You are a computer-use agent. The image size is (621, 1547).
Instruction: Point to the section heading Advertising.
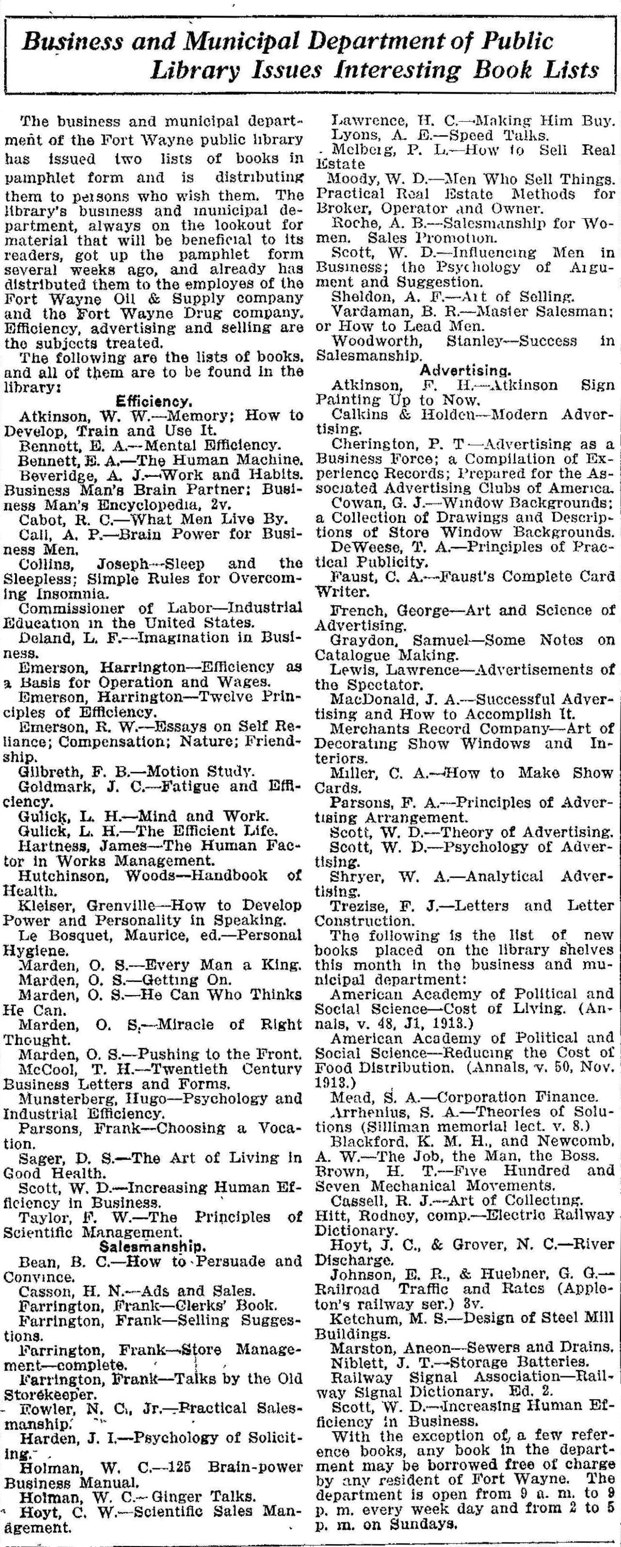(x=466, y=370)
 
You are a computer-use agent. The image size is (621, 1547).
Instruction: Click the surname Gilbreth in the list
(x=47, y=771)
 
